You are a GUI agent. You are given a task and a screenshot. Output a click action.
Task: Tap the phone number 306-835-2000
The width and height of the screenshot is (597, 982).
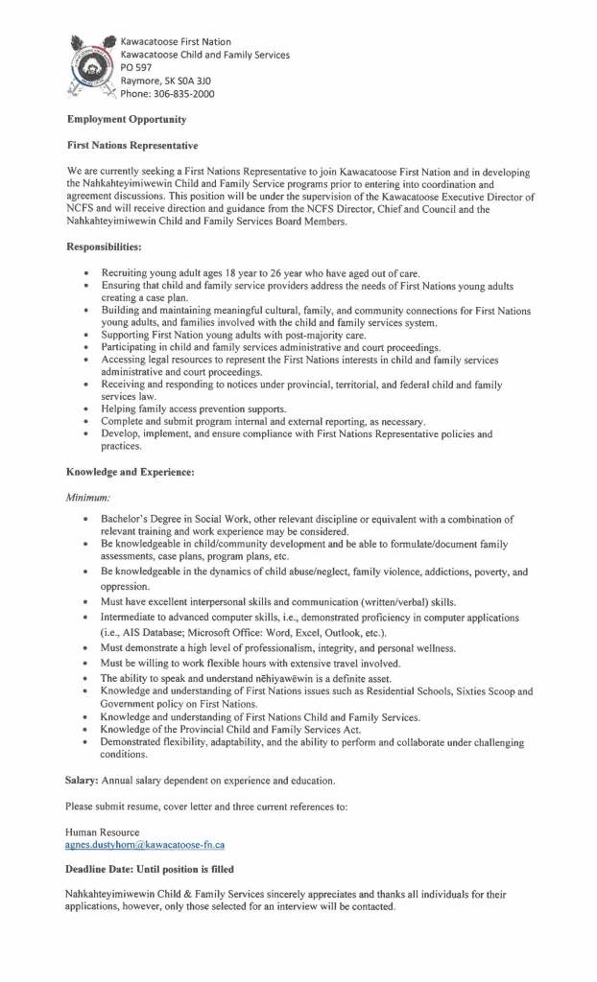[x=182, y=94]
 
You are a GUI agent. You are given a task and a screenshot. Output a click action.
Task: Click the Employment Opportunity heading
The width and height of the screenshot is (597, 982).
[x=126, y=119]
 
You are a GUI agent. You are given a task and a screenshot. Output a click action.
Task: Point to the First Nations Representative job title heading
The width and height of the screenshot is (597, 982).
[x=131, y=145]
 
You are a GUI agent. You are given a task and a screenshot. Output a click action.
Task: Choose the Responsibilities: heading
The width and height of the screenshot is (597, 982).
[x=104, y=247]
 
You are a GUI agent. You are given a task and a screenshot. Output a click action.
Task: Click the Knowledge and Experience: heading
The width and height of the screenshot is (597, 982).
[x=131, y=472]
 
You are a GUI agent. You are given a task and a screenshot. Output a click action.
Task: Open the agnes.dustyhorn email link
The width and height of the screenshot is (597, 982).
[x=145, y=845]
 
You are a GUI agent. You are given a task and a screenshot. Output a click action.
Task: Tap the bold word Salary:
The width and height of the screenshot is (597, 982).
[x=83, y=781]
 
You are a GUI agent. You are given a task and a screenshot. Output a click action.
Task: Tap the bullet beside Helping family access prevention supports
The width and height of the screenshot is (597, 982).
[x=86, y=409]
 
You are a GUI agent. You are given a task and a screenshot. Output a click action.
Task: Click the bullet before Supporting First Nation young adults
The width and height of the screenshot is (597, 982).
[x=86, y=335]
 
